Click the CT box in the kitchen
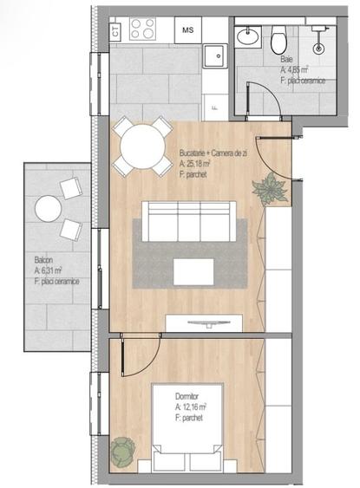[115, 29]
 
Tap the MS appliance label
[187, 29]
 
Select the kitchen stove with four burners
[143, 29]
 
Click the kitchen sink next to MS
[214, 55]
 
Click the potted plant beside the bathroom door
[270, 188]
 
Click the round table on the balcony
[49, 208]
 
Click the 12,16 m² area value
[193, 406]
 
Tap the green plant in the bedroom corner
[121, 450]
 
